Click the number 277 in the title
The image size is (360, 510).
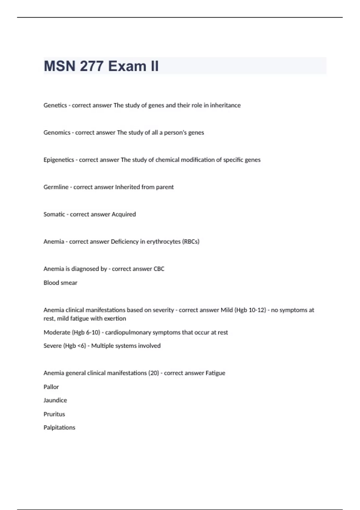point(91,66)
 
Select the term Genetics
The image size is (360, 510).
point(55,105)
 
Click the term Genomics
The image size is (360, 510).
point(57,133)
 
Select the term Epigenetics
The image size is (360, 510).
point(59,160)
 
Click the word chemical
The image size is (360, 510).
point(167,160)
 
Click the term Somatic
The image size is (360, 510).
point(54,214)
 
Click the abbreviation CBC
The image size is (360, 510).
point(159,269)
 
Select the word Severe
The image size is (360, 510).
point(52,346)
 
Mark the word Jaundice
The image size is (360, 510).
point(55,400)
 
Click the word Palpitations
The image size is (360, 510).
point(59,428)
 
